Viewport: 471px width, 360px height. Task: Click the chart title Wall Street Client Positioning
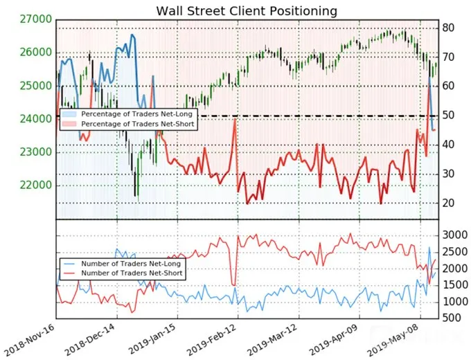pos(247,11)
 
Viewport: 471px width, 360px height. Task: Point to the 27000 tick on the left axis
pos(36,19)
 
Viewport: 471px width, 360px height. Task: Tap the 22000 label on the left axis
pos(36,186)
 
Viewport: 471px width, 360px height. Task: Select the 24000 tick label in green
pos(36,119)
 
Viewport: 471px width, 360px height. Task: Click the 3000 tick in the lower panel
pos(455,235)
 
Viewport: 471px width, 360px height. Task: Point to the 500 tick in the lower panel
pos(452,317)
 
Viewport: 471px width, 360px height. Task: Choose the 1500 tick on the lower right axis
pos(455,285)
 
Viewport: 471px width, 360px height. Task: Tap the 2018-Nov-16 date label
pos(29,340)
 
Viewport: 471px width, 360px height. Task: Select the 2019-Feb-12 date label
pos(212,340)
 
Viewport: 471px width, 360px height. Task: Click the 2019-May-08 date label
pos(393,340)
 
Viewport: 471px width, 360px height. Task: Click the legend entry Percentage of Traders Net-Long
pos(136,114)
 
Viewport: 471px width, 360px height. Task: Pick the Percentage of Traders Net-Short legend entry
pos(138,124)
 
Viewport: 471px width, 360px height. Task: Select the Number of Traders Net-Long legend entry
pos(131,264)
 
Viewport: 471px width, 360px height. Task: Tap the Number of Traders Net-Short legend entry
pos(132,273)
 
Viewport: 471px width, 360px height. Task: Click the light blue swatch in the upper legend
pos(69,114)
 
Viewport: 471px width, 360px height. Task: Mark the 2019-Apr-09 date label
pos(333,340)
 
